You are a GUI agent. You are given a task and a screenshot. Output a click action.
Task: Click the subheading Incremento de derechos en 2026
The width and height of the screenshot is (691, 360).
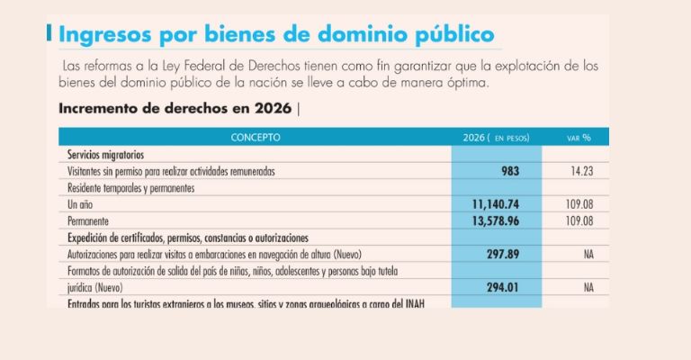point(175,109)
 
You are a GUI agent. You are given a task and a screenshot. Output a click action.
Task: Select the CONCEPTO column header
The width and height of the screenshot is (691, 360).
point(255,138)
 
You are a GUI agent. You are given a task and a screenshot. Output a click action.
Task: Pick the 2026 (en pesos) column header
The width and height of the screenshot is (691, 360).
point(496,138)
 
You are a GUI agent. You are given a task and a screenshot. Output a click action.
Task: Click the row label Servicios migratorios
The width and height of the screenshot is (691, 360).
point(106,154)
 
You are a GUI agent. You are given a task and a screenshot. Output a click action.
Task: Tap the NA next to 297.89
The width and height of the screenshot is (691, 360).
point(589,255)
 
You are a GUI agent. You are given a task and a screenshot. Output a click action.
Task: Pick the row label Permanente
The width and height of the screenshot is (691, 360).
point(91,220)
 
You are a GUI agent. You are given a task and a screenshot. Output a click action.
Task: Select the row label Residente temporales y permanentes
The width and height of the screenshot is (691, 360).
point(131,187)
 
